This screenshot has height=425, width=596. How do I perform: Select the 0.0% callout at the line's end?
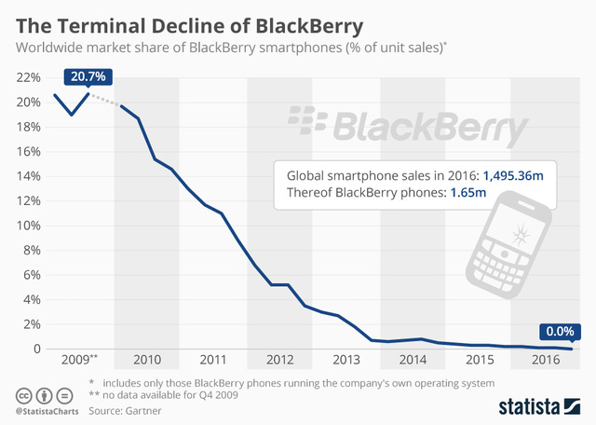560,331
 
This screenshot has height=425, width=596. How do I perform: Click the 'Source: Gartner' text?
124,411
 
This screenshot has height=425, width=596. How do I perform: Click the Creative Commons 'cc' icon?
21,393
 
